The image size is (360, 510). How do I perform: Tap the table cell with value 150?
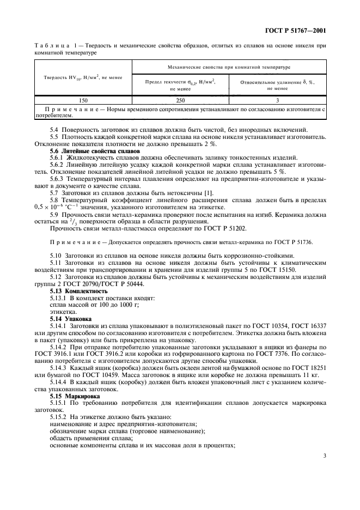(83, 100)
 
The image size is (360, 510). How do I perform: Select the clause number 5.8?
(54, 199)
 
